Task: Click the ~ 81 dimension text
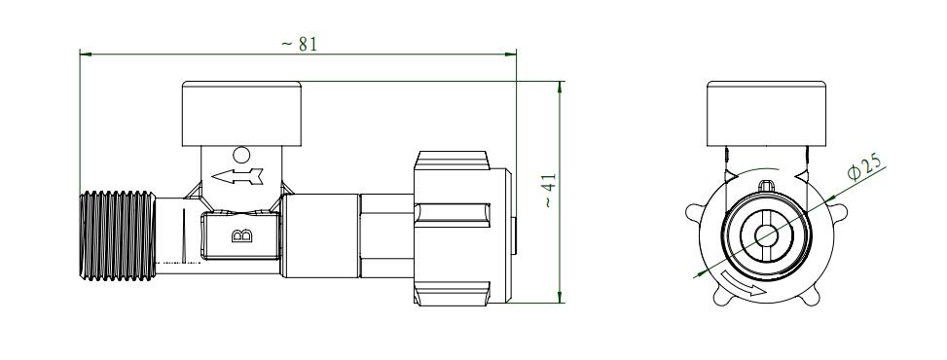point(300,44)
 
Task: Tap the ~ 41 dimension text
point(549,191)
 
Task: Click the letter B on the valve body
point(241,235)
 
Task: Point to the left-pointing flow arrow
point(237,176)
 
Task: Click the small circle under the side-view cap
point(241,156)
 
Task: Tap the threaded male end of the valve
point(118,235)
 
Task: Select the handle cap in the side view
point(241,114)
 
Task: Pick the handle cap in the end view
point(766,114)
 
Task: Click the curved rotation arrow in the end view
point(743,286)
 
